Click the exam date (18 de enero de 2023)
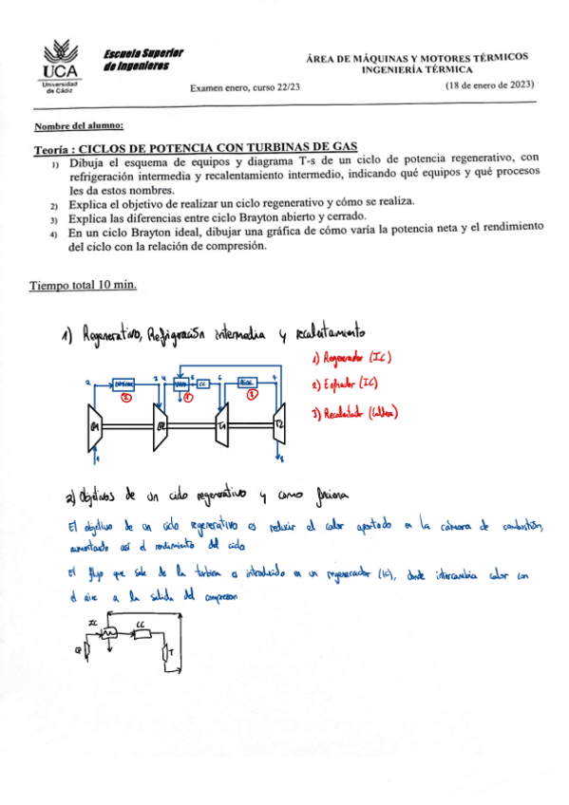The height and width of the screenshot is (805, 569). pyautogui.click(x=491, y=85)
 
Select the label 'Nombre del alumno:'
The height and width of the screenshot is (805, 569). pyautogui.click(x=78, y=126)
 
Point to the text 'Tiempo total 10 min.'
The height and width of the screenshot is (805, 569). pyautogui.click(x=85, y=285)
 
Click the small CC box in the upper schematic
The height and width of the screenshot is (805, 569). pyautogui.click(x=202, y=383)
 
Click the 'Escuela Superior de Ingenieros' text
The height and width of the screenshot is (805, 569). pyautogui.click(x=144, y=59)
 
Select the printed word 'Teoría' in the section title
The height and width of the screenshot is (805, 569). pyautogui.click(x=51, y=147)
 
